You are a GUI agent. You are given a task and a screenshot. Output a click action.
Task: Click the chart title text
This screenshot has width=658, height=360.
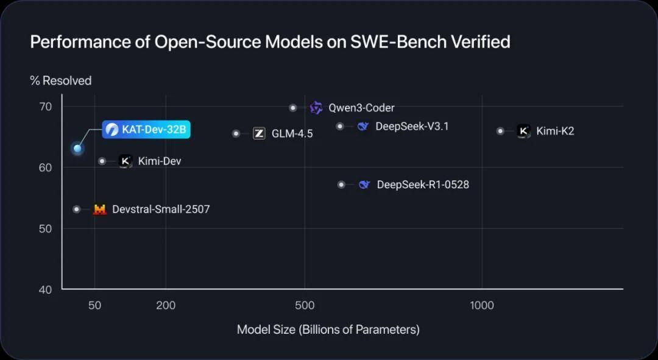[x=270, y=42]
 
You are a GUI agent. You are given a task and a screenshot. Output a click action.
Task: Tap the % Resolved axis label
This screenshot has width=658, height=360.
[x=61, y=81]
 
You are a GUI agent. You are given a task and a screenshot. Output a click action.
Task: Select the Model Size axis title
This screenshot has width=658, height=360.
[x=328, y=330]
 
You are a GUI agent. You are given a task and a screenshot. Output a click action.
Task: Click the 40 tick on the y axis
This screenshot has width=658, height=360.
[x=46, y=289]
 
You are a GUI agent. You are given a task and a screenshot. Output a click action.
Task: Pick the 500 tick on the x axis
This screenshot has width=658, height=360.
[x=305, y=305]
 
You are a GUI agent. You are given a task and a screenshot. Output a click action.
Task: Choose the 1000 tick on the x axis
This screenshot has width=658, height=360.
[x=482, y=305]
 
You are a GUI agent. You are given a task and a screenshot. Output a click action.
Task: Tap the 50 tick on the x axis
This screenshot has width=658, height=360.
[x=94, y=305]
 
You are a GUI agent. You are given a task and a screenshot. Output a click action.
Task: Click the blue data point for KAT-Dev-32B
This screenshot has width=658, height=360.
[x=77, y=148]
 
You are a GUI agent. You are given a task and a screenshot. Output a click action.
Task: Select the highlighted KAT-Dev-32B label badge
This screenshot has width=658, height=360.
[x=146, y=130]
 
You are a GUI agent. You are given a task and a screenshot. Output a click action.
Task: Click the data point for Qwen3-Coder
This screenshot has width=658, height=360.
[x=293, y=108]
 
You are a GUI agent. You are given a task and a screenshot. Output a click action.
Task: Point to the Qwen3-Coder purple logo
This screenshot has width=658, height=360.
[x=316, y=108]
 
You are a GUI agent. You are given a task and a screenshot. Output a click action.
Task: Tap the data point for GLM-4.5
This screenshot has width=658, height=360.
[x=236, y=133]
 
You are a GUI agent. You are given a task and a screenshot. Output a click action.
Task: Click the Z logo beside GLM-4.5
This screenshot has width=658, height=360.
[x=259, y=133]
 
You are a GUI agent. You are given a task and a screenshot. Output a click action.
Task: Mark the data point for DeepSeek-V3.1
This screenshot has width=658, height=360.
[x=340, y=126]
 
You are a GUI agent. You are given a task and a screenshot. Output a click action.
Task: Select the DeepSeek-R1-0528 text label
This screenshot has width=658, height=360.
[x=423, y=185]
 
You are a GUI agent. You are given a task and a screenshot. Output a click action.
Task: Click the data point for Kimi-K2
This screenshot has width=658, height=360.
[x=500, y=131]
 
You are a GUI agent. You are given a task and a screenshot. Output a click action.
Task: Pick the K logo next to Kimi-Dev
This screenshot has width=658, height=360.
[x=126, y=161]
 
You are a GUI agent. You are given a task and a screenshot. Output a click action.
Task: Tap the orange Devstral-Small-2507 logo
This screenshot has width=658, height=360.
[x=99, y=210]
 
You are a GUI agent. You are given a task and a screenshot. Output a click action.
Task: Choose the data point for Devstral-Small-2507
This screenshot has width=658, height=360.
[x=77, y=210]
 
